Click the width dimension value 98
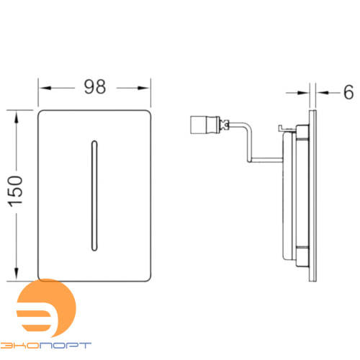tap(95, 86)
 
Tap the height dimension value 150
tap(15, 192)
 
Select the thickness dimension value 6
tap(348, 92)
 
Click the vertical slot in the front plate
tap(94, 196)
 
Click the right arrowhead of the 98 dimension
tap(144, 88)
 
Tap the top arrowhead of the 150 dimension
tap(17, 117)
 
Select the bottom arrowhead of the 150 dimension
tap(17, 274)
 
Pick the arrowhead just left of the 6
tap(322, 93)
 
